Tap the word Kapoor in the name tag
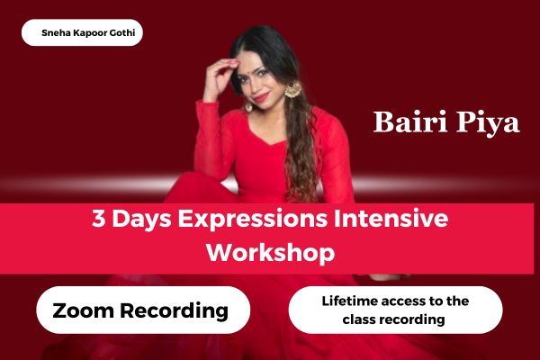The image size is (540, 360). [88, 33]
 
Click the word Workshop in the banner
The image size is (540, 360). [270, 252]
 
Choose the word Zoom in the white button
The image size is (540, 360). [83, 311]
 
